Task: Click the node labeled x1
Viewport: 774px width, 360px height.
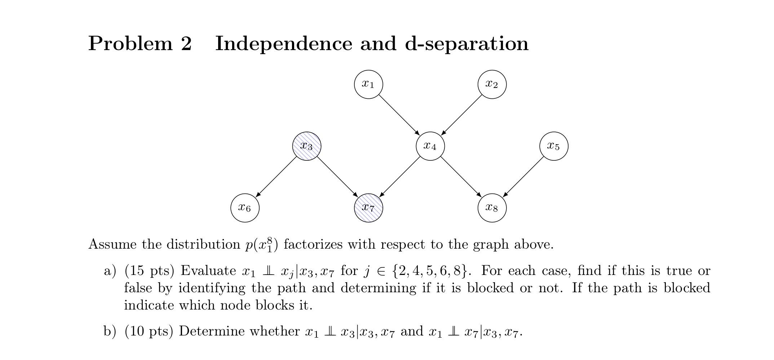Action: pyautogui.click(x=368, y=84)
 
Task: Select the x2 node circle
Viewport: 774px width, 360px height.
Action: pyautogui.click(x=492, y=84)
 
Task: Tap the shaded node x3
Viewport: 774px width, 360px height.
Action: pyautogui.click(x=306, y=146)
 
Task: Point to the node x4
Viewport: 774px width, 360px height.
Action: pyautogui.click(x=430, y=146)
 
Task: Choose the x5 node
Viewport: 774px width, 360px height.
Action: pyautogui.click(x=553, y=146)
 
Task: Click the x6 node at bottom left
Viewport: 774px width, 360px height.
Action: pyautogui.click(x=245, y=208)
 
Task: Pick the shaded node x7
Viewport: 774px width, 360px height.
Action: pyautogui.click(x=368, y=208)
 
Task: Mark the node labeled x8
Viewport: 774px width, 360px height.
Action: pyautogui.click(x=492, y=208)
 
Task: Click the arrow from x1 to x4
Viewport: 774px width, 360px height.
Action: pyautogui.click(x=399, y=115)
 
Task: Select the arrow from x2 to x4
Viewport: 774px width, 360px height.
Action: pyautogui.click(x=461, y=115)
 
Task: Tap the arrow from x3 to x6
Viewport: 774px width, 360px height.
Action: pyautogui.click(x=276, y=177)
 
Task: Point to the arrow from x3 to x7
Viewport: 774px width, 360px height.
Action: pyautogui.click(x=337, y=177)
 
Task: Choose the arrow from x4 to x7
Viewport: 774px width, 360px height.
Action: pyautogui.click(x=399, y=177)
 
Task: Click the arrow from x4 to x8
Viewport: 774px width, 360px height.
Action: pyautogui.click(x=461, y=177)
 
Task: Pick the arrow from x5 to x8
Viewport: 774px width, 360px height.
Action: pyautogui.click(x=523, y=177)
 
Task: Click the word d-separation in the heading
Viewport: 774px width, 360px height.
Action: pyautogui.click(x=466, y=44)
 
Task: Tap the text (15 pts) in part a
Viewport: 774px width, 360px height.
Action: pyautogui.click(x=149, y=271)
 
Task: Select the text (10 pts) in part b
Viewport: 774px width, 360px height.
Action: pyautogui.click(x=148, y=331)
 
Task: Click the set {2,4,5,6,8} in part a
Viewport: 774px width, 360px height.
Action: pyautogui.click(x=431, y=271)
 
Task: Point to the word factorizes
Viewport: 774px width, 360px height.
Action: pyautogui.click(x=313, y=245)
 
